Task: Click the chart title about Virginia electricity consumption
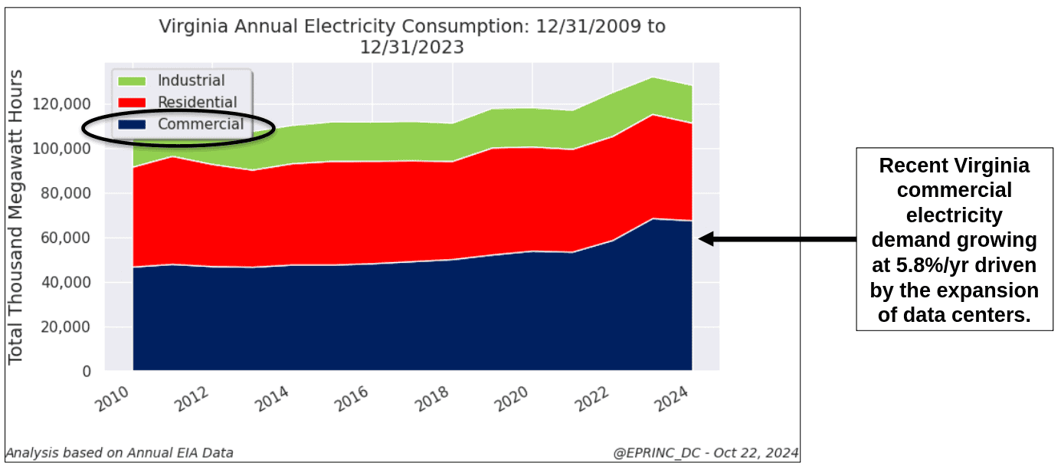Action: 412,37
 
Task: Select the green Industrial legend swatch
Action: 132,81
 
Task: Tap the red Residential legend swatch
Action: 132,103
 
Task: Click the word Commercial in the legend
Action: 201,124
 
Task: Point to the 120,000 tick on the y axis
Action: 61,103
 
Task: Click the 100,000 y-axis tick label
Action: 61,149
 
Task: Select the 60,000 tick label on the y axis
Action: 65,238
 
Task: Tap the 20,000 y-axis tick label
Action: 65,327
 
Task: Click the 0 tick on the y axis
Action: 87,371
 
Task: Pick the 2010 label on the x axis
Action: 112,399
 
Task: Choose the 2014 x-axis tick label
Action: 271,399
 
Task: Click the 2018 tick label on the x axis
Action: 431,399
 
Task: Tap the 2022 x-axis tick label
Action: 591,399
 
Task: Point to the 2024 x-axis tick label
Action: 671,399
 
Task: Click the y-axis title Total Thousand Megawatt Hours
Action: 15,218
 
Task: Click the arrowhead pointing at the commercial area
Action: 706,239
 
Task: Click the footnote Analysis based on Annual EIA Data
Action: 120,453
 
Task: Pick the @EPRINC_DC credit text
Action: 657,453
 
